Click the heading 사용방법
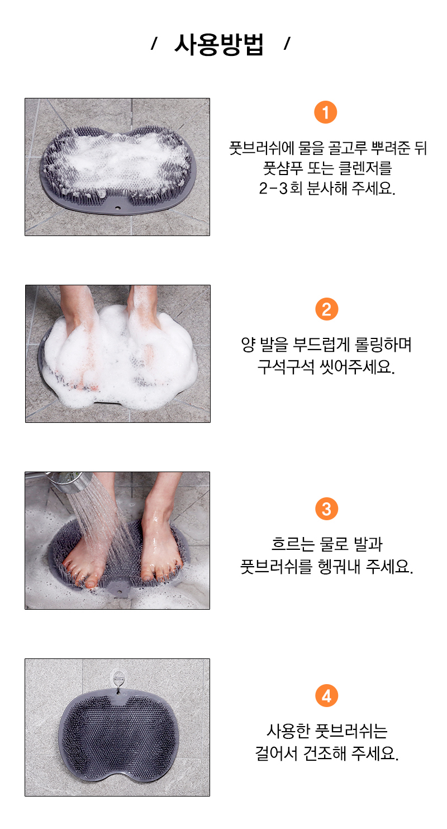[x=219, y=45]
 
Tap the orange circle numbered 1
[x=325, y=112]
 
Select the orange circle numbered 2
[x=326, y=309]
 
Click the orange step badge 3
[x=326, y=509]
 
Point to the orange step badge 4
[x=326, y=696]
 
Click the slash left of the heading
[x=154, y=44]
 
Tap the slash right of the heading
[x=287, y=44]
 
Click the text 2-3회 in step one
[x=280, y=189]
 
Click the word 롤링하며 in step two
[x=383, y=345]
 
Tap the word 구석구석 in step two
[x=286, y=367]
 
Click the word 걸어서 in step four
[x=277, y=753]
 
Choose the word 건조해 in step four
[x=324, y=753]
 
